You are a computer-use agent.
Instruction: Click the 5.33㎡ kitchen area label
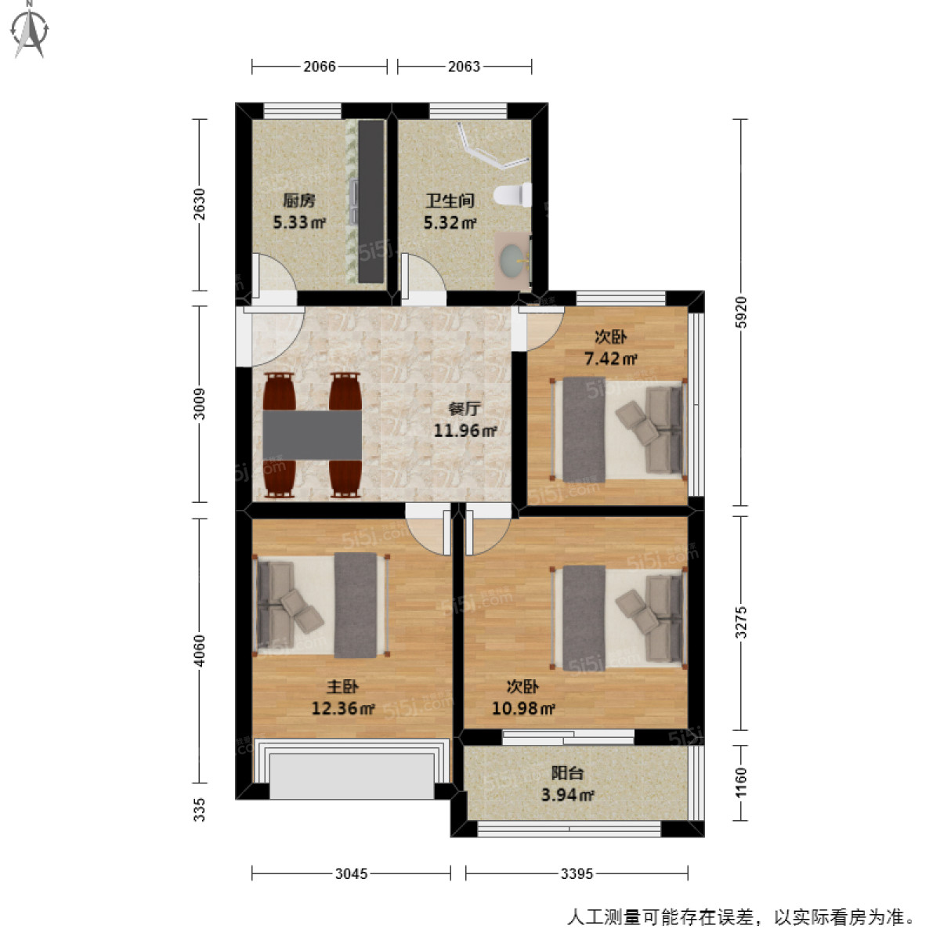pyautogui.click(x=298, y=222)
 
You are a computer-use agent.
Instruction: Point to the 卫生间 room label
pyautogui.click(x=450, y=201)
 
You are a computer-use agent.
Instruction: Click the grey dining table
pyautogui.click(x=312, y=435)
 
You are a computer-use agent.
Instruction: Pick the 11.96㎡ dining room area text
pyautogui.click(x=465, y=430)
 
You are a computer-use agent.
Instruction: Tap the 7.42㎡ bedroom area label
pyautogui.click(x=610, y=360)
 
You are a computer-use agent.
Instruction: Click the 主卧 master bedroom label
pyautogui.click(x=342, y=687)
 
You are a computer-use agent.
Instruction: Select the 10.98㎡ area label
pyautogui.click(x=523, y=709)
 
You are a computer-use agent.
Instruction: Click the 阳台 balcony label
pyautogui.click(x=566, y=773)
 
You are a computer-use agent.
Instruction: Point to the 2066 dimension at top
pyautogui.click(x=320, y=67)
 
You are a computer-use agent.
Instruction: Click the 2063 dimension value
pyautogui.click(x=464, y=67)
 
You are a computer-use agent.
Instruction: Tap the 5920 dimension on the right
pyautogui.click(x=741, y=312)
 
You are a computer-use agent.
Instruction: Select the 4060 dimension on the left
pyautogui.click(x=200, y=650)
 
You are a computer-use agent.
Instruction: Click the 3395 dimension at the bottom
pyautogui.click(x=577, y=873)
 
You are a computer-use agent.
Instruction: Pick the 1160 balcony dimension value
pyautogui.click(x=741, y=783)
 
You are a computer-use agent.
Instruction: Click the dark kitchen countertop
pyautogui.click(x=371, y=201)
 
